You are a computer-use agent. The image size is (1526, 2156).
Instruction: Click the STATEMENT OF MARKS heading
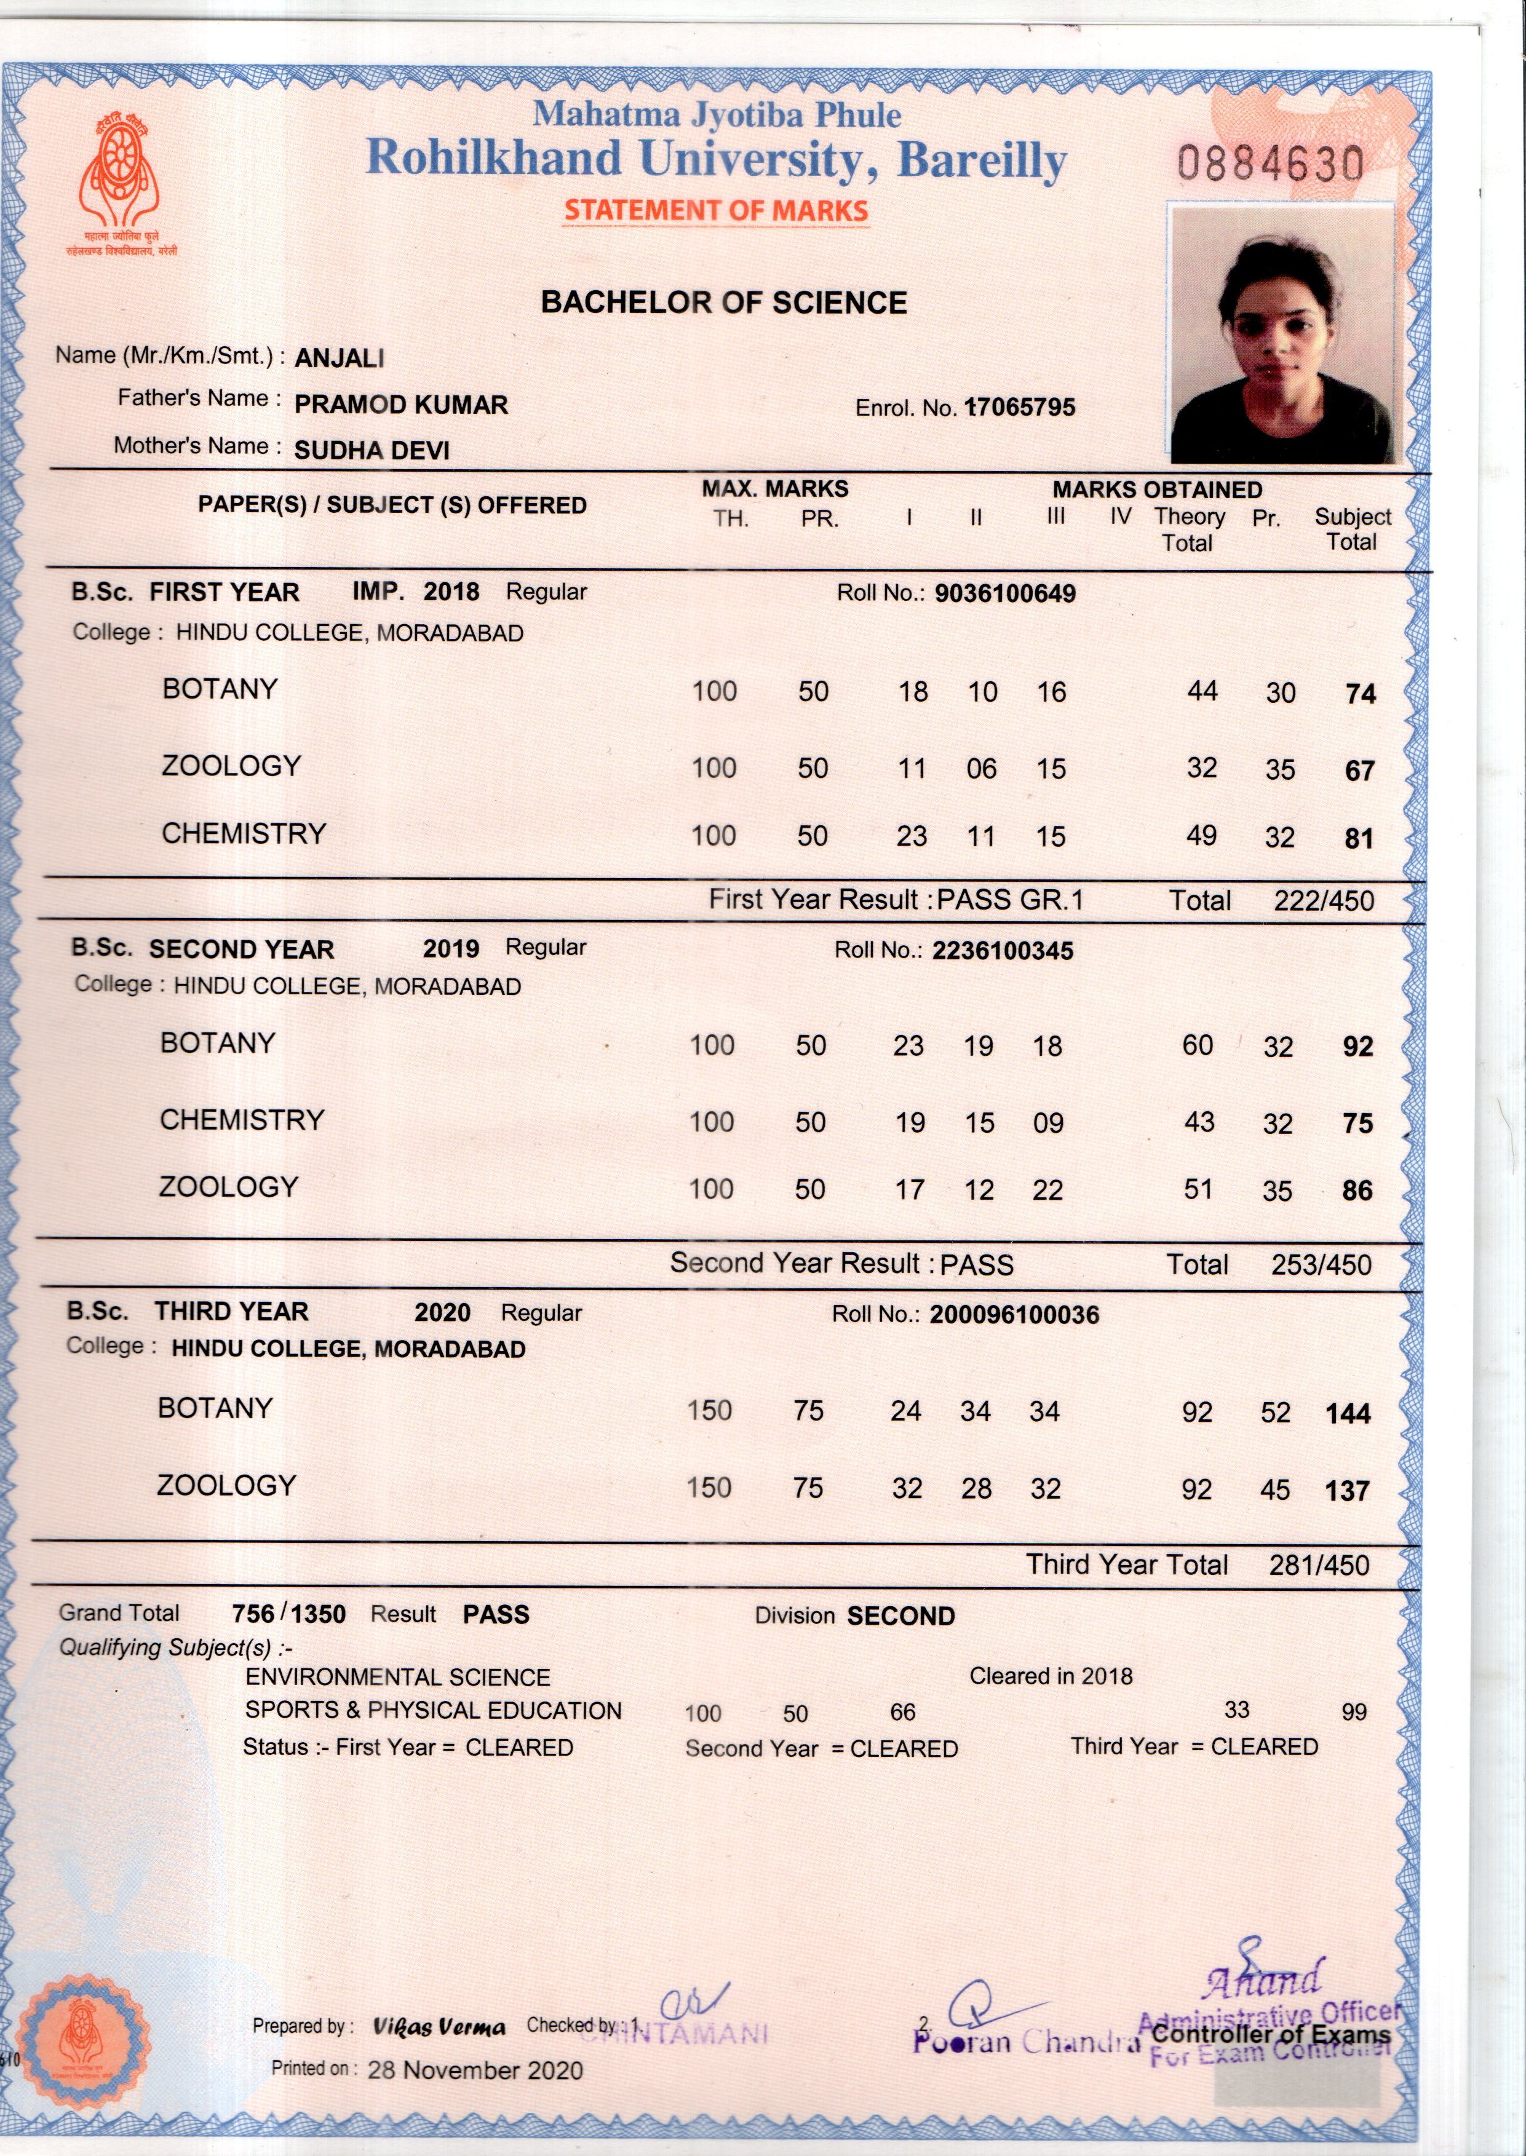tap(716, 210)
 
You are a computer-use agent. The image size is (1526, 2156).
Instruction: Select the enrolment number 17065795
tap(1020, 408)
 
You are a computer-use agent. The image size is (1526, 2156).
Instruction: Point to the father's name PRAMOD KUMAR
tap(401, 405)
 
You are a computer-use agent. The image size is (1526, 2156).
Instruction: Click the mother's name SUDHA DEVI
tap(372, 451)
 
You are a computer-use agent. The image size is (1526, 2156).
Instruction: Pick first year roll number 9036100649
tap(1006, 593)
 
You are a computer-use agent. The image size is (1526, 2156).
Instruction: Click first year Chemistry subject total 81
tap(1359, 838)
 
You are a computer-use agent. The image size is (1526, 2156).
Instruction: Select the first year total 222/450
tap(1323, 901)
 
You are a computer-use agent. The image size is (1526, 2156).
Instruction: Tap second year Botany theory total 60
tap(1198, 1045)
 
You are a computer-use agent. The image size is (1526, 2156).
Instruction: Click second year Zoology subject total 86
tap(1357, 1191)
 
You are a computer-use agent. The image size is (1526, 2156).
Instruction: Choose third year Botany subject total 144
tap(1348, 1414)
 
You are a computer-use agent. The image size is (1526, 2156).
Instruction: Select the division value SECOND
tap(901, 1616)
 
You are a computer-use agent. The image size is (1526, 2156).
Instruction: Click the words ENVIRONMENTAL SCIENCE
tap(397, 1678)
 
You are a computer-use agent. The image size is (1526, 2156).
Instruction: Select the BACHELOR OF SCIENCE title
tap(723, 303)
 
